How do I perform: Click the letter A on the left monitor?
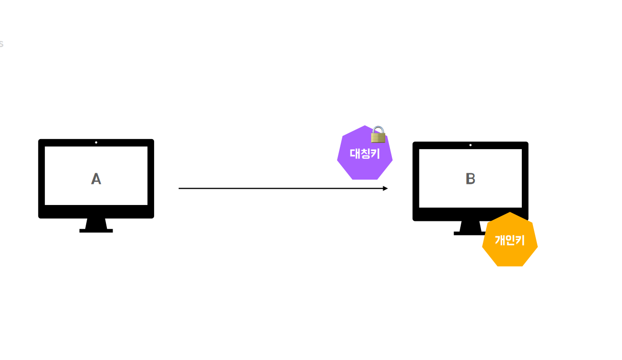coord(96,179)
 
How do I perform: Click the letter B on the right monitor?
coord(470,179)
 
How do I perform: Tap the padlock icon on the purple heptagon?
coord(378,135)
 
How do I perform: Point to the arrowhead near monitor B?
coord(385,188)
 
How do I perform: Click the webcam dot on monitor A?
coord(96,142)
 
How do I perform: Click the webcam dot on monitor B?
coord(470,145)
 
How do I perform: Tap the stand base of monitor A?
coord(96,231)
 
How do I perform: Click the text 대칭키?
coord(364,154)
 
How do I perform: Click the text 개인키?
coord(509,240)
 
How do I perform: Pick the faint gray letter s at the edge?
coord(1,44)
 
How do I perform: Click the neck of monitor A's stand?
coord(96,224)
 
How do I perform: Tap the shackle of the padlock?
coord(378,129)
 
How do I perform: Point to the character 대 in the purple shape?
coord(355,154)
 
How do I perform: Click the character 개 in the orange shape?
coord(500,240)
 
